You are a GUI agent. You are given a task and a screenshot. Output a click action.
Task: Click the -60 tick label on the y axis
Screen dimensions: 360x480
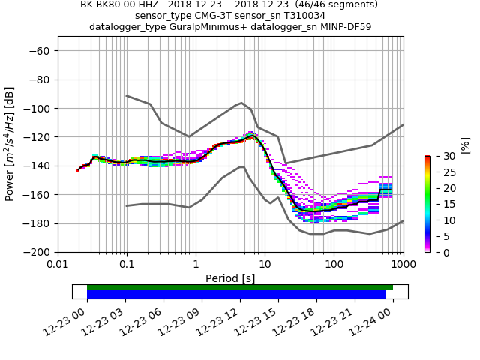(39, 50)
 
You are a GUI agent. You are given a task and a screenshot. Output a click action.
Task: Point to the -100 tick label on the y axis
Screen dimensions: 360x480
(37, 108)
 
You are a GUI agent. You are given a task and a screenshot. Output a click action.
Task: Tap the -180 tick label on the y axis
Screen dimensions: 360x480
(37, 223)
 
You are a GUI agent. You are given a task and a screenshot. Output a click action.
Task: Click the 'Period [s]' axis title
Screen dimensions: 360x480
(230, 278)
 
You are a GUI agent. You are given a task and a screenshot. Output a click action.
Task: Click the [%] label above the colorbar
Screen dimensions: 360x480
(465, 145)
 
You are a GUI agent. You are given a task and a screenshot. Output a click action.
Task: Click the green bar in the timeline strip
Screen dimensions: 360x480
(240, 287)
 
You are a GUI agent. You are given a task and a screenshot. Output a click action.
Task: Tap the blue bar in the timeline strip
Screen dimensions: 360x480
(236, 295)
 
